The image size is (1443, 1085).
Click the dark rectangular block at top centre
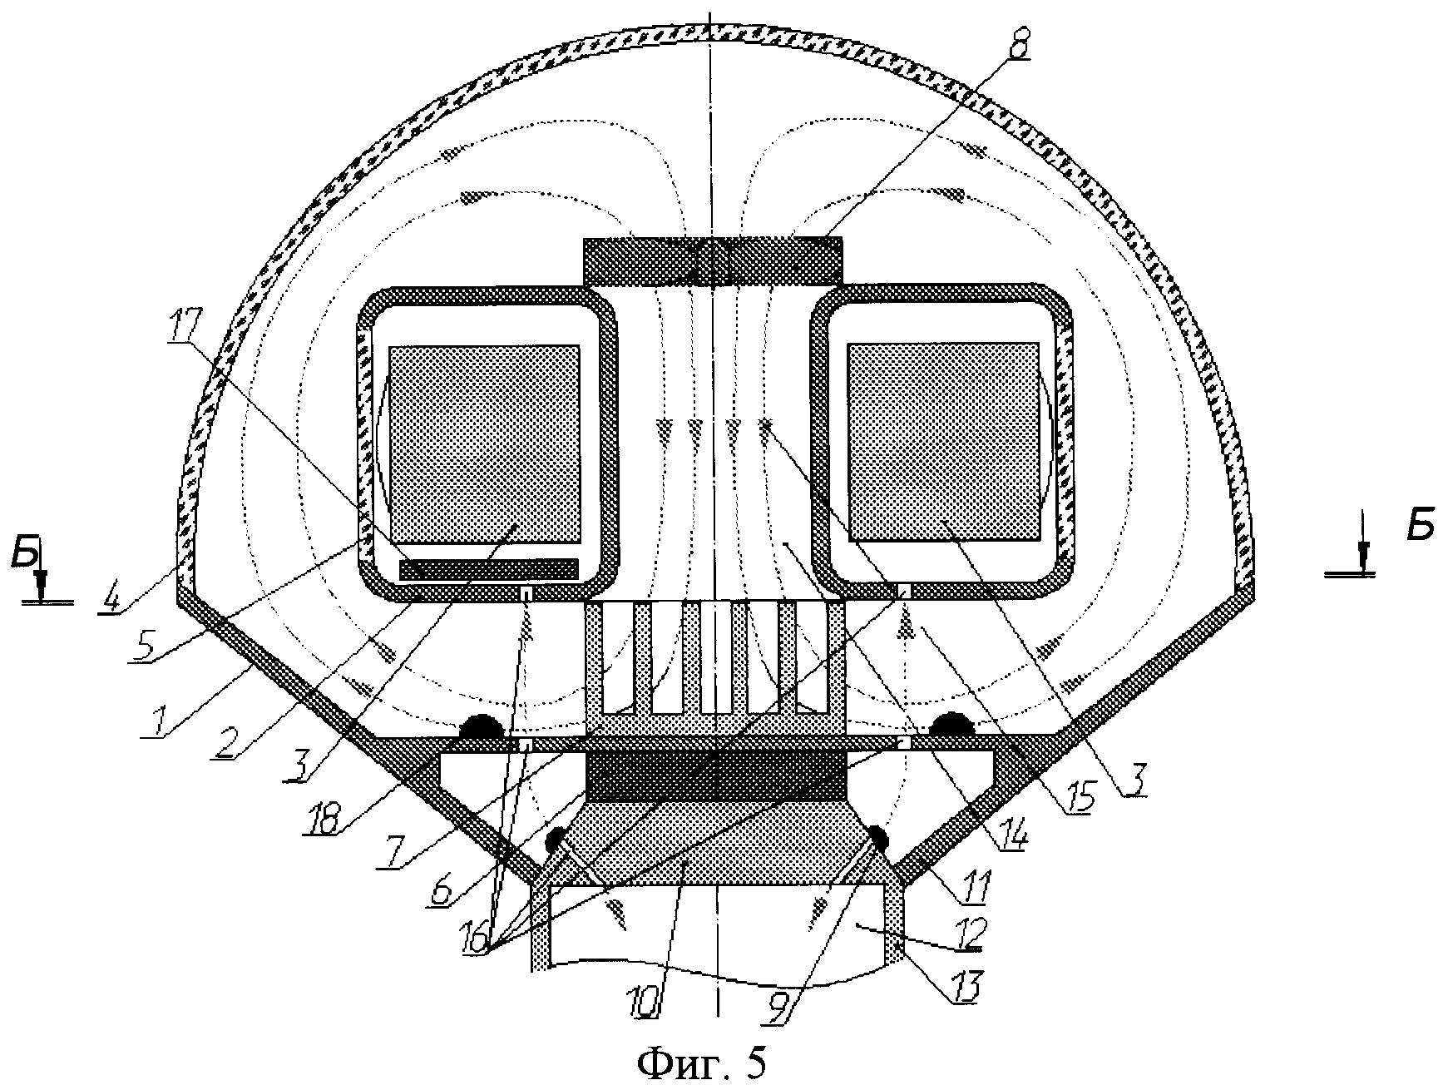click(x=711, y=260)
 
